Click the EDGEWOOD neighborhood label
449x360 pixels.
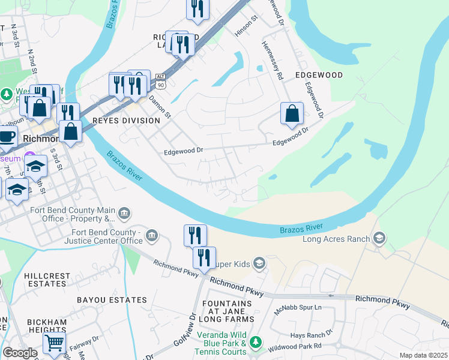click(319, 75)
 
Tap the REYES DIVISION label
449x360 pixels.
click(126, 121)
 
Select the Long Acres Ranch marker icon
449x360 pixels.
click(379, 239)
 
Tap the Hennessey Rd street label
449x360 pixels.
click(272, 60)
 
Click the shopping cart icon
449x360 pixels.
click(54, 343)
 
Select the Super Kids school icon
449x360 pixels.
click(259, 263)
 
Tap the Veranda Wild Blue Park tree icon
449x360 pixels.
click(256, 342)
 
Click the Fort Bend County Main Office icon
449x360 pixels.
click(124, 213)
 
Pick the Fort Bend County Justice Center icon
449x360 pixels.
click(152, 235)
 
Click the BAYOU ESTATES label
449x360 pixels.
click(112, 299)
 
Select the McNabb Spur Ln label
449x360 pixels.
click(298, 308)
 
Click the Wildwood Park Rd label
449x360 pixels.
click(296, 346)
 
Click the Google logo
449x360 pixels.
click(20, 353)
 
